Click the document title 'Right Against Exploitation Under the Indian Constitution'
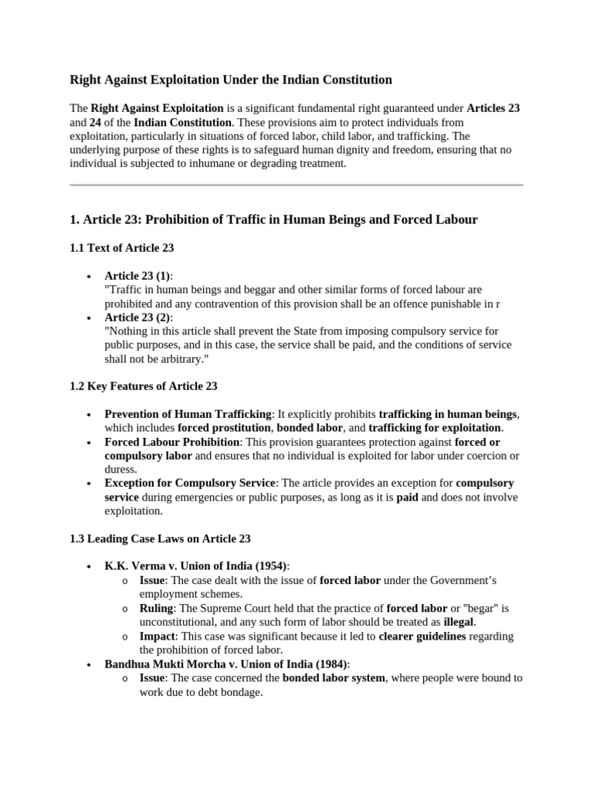[x=231, y=80]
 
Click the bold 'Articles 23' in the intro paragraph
[x=493, y=108]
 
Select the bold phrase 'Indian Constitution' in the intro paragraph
[x=182, y=122]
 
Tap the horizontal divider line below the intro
[x=296, y=185]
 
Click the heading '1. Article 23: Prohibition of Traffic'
[x=273, y=220]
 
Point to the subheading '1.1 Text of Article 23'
[x=122, y=248]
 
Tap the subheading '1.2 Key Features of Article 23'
[x=144, y=386]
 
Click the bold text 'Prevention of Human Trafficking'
[x=188, y=414]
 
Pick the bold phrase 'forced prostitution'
[x=224, y=428]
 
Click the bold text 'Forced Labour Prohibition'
[x=172, y=442]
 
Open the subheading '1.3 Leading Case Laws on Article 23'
[x=160, y=538]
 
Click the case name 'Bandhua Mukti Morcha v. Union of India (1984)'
[x=226, y=664]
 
